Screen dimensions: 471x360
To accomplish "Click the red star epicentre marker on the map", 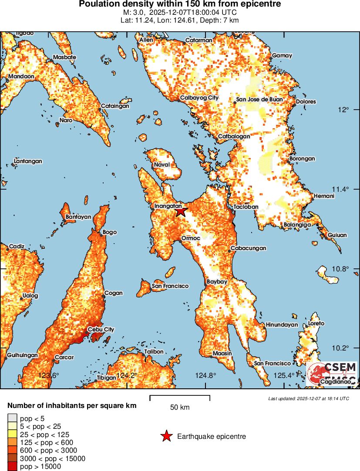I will click(180, 212).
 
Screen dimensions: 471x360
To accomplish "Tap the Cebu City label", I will click(101, 329).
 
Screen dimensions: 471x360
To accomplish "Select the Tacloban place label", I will click(246, 207).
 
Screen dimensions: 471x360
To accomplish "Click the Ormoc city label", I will click(190, 238).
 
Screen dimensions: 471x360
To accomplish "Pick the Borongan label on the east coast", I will click(302, 159).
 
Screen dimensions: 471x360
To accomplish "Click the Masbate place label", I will click(64, 57).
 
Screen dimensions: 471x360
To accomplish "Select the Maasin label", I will click(222, 353).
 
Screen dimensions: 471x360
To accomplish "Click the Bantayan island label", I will click(78, 217).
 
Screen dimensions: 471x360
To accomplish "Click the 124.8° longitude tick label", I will click(206, 375).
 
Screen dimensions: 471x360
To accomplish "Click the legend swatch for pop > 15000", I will click(12, 467).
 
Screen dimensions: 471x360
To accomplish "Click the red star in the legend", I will click(166, 436).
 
